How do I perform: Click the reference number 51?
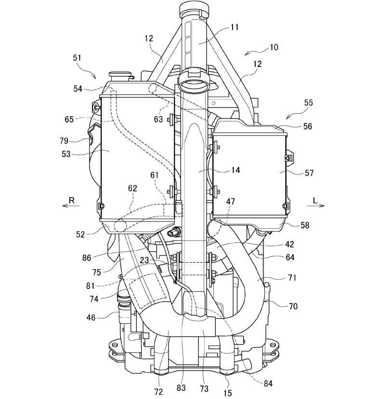[77, 58]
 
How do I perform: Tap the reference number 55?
[308, 103]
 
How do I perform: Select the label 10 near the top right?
[274, 47]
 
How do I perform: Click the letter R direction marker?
[71, 200]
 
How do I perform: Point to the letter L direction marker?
[315, 200]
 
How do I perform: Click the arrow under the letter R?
[71, 206]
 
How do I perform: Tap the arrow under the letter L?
[316, 206]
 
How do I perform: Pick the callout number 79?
[65, 141]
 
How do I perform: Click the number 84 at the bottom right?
[268, 384]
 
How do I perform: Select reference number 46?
[91, 318]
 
